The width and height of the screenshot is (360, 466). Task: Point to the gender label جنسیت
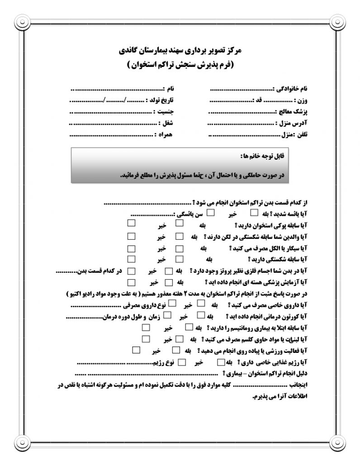pyautogui.click(x=166, y=111)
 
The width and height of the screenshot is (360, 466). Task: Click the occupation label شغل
pyautogui.click(x=168, y=123)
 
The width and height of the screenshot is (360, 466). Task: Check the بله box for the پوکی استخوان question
pyautogui.click(x=180, y=223)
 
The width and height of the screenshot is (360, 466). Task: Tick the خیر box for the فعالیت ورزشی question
pyautogui.click(x=136, y=350)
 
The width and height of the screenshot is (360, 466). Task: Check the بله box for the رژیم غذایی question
pyautogui.click(x=220, y=362)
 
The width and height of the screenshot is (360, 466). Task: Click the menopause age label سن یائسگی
pyautogui.click(x=188, y=213)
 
